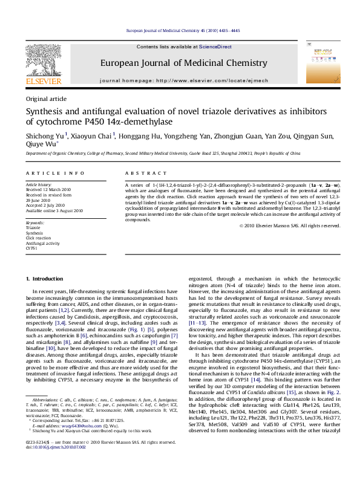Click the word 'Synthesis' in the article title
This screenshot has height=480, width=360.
45,111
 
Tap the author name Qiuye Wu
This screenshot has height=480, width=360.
41,144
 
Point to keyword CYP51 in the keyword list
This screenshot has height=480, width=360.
31,248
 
